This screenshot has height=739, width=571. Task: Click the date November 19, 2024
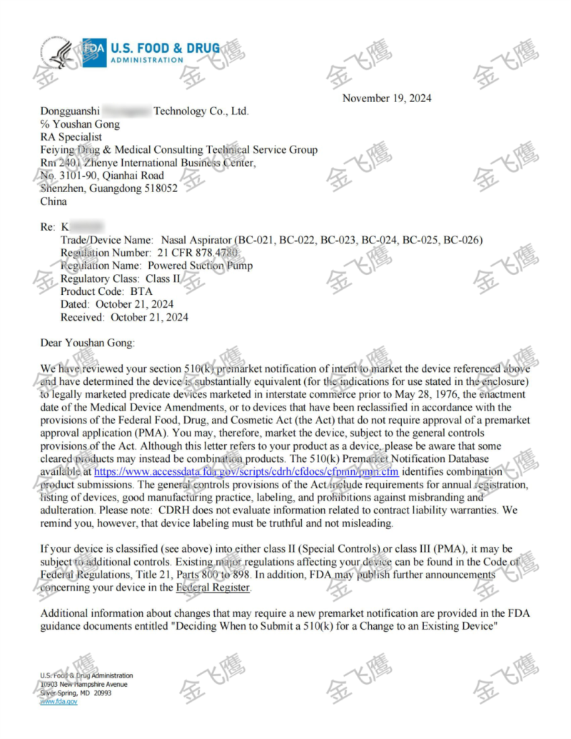coord(387,98)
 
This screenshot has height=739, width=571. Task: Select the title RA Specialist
coord(71,137)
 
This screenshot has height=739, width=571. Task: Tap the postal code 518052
coord(161,188)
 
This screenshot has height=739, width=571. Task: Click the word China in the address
coord(54,201)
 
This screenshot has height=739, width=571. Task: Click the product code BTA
coord(142,291)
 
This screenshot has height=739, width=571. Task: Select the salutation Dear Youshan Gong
coord(87,343)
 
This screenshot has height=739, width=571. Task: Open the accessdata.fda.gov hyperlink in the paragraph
coord(246,472)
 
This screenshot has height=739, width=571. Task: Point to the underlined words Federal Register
coord(213,588)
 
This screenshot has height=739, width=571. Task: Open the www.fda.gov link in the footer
coord(59,702)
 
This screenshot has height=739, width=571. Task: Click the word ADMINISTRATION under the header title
coord(146,60)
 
